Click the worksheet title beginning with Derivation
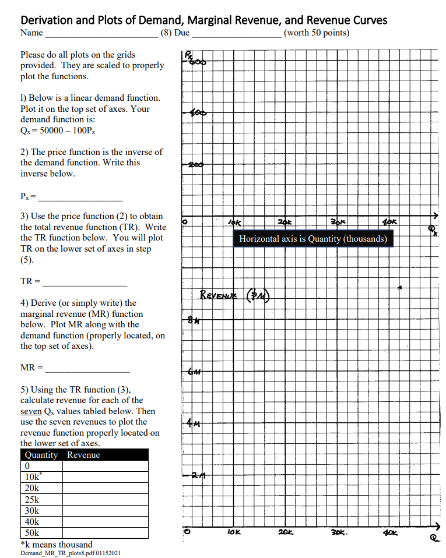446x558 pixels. click(x=203, y=20)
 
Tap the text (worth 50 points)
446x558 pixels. click(x=317, y=33)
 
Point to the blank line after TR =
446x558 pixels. click(x=85, y=282)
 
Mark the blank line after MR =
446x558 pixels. click(x=87, y=369)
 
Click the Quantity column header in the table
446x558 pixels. click(x=41, y=455)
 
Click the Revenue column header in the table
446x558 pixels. click(x=83, y=455)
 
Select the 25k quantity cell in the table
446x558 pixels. click(x=32, y=500)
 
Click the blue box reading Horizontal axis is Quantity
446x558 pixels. click(x=313, y=239)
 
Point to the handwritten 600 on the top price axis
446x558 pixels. click(x=195, y=60)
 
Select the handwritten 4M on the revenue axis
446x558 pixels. click(x=194, y=423)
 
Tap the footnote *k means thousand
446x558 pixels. click(x=56, y=545)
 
